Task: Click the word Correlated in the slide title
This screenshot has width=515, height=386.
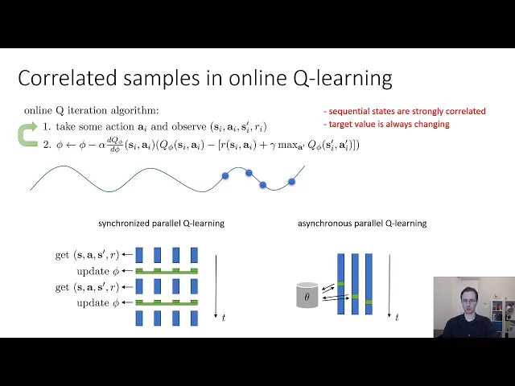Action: coord(68,78)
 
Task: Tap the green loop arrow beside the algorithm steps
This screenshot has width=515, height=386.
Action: coord(27,134)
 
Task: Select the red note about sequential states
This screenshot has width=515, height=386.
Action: coord(405,111)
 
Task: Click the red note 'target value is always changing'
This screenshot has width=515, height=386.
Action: coord(386,124)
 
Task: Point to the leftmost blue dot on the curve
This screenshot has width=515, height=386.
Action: coord(225,175)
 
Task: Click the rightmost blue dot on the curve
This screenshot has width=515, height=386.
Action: coord(291,181)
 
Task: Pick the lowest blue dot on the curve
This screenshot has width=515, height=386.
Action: coord(263,185)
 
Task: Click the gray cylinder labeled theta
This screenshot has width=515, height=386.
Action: coord(307,295)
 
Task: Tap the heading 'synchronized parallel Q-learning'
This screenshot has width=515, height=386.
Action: coord(161,224)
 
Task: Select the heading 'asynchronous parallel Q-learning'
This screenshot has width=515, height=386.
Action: coord(362,224)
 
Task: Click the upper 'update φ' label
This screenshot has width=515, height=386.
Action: coord(98,272)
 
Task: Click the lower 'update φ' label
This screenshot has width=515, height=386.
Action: coord(98,303)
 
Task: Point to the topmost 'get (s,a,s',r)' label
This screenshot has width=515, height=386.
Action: coord(87,255)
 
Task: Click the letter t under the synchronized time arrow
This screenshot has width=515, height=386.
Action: coord(224,318)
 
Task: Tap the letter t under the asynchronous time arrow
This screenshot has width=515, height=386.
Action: coord(397,318)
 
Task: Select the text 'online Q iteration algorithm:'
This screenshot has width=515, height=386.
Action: coord(91,111)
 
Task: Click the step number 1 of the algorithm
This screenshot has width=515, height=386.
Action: coord(47,127)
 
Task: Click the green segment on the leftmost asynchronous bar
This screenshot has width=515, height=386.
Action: coord(341,284)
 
